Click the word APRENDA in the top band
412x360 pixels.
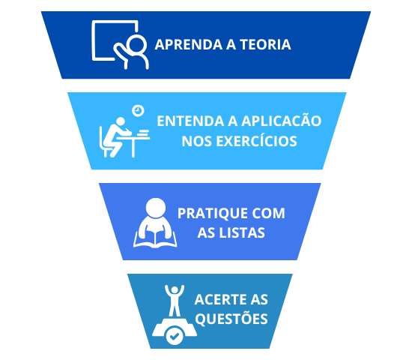[189, 44]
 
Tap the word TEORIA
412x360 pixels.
[265, 44]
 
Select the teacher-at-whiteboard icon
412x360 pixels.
[120, 45]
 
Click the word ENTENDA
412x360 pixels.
[190, 121]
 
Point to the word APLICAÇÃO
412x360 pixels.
[281, 120]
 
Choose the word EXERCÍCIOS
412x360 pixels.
[256, 140]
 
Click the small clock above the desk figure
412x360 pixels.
[138, 110]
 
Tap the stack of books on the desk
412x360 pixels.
[143, 133]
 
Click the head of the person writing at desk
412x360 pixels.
[121, 121]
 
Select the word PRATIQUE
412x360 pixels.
[212, 213]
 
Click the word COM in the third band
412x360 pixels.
[268, 213]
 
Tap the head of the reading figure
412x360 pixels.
[156, 208]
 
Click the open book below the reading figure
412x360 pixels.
[155, 240]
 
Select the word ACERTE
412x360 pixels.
[220, 299]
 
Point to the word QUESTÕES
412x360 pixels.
[231, 319]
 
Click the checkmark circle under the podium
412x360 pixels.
[175, 335]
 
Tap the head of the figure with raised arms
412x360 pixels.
[175, 290]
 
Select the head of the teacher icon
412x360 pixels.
[136, 44]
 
